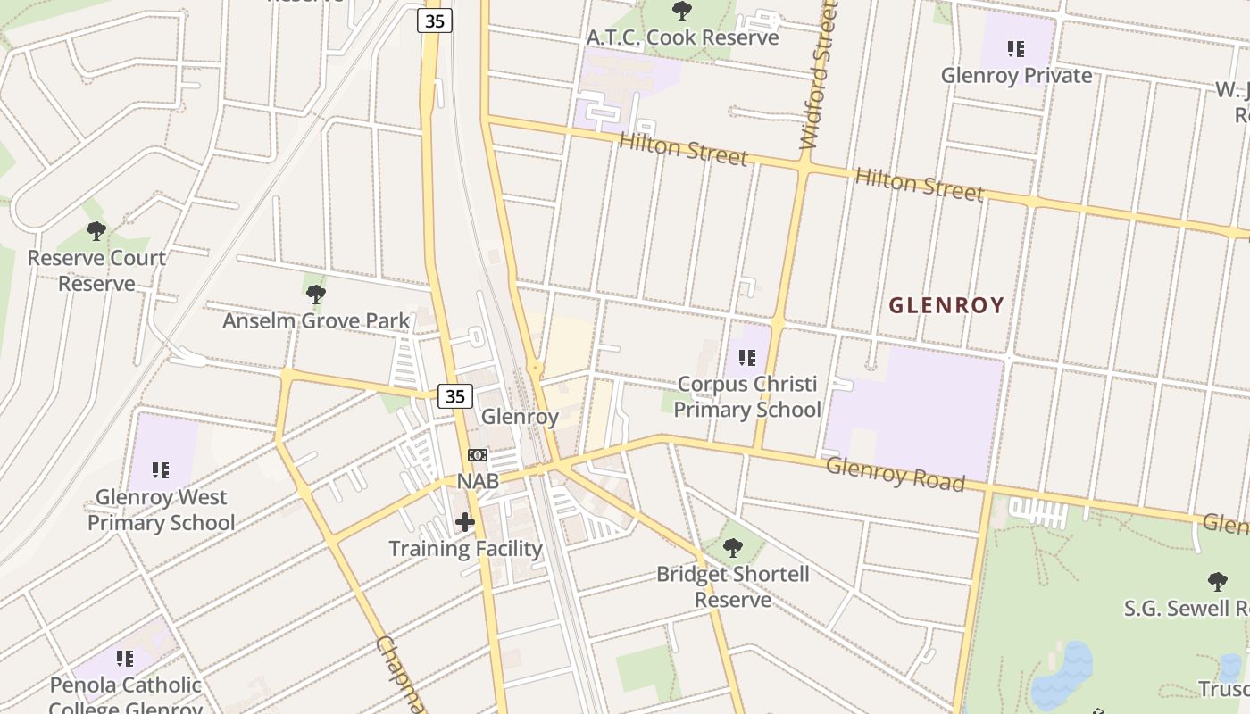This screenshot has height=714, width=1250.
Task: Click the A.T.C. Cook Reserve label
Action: pyautogui.click(x=682, y=37)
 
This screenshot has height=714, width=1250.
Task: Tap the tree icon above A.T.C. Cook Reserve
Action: pyautogui.click(x=682, y=11)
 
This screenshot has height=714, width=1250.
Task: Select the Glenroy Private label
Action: pyautogui.click(x=1016, y=75)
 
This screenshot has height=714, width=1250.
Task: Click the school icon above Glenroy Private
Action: pyautogui.click(x=1015, y=48)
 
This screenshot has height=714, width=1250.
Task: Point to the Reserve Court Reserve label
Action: pyautogui.click(x=96, y=270)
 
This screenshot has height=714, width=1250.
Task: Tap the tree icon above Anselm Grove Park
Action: pyautogui.click(x=315, y=294)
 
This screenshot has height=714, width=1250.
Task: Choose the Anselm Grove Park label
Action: pyautogui.click(x=316, y=320)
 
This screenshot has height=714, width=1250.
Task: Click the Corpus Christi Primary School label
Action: pyautogui.click(x=746, y=397)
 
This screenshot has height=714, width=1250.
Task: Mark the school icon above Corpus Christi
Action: pyautogui.click(x=747, y=358)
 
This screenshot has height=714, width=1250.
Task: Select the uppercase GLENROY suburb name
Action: pyautogui.click(x=946, y=305)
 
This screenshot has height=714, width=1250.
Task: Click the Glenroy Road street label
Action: pyautogui.click(x=896, y=474)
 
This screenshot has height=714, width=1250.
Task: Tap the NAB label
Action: pyautogui.click(x=478, y=480)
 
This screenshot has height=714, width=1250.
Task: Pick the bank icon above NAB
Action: pyautogui.click(x=478, y=455)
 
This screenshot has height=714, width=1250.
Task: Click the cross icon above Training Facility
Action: pyautogui.click(x=465, y=522)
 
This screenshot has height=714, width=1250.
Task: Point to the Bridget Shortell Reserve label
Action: pyautogui.click(x=733, y=586)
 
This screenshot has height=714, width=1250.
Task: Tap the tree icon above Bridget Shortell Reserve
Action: pyautogui.click(x=733, y=548)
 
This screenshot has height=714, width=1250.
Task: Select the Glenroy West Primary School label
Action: pyautogui.click(x=162, y=510)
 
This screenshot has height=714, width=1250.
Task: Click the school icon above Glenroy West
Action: pyautogui.click(x=161, y=469)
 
